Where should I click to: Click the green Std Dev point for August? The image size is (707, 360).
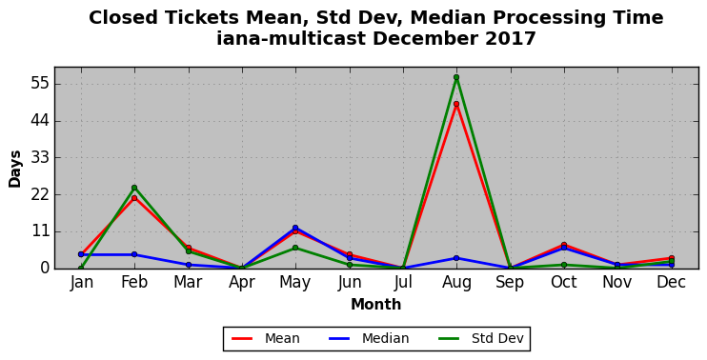click(x=456, y=77)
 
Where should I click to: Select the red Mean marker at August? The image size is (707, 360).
click(x=456, y=104)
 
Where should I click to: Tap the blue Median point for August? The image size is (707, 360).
click(x=456, y=258)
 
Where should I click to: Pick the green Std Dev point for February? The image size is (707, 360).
click(x=134, y=188)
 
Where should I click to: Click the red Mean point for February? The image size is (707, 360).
click(x=134, y=198)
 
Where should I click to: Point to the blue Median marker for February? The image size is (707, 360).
click(x=134, y=254)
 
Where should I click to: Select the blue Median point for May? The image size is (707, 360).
click(x=295, y=228)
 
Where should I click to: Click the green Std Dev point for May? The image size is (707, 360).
click(x=295, y=248)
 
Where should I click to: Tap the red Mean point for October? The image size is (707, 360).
click(x=564, y=245)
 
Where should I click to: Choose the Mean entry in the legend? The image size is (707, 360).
click(x=266, y=338)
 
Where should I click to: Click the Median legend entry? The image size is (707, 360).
click(x=369, y=338)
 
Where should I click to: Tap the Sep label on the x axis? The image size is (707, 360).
click(x=510, y=283)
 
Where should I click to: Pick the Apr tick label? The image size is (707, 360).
click(x=242, y=283)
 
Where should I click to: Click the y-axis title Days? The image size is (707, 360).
click(x=15, y=169)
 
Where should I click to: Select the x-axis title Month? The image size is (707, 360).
click(x=376, y=305)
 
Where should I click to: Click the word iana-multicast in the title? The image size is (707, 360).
click(x=292, y=39)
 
